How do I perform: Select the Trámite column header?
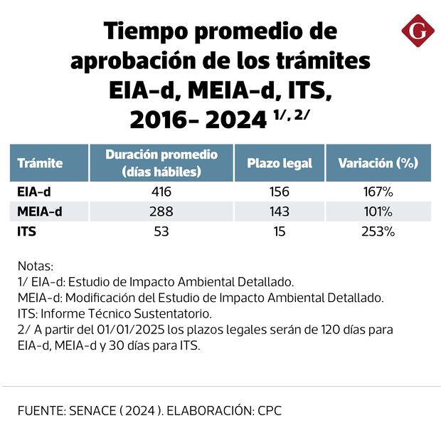pos(40,163)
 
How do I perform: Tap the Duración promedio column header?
pos(161,163)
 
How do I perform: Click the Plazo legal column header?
pos(280,163)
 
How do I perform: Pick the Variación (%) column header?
pos(378,163)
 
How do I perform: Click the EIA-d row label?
pos(31,192)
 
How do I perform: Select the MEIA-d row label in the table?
pos(38,212)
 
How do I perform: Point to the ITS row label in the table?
pos(27,231)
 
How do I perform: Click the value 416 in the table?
pos(161,192)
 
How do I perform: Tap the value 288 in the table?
pos(161,212)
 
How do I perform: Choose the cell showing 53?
pos(161,231)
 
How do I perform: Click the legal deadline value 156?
pos(280,192)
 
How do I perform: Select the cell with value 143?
pos(280,212)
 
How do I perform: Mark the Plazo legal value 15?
pos(280,231)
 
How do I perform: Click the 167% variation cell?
pos(378,192)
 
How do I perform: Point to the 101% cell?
pos(378,212)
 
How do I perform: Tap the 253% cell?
pos(378,231)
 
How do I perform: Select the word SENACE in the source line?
pos(93,411)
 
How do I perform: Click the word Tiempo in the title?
pos(143,32)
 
